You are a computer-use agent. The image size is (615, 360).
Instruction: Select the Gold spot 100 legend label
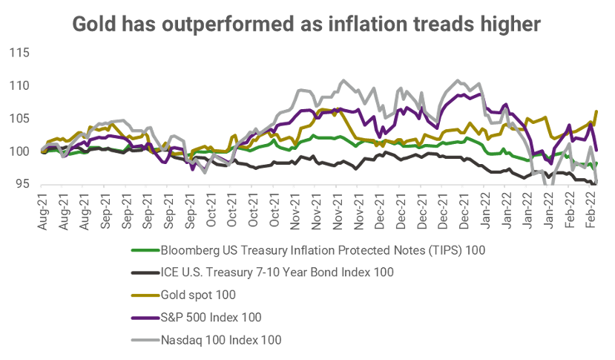(x=198, y=295)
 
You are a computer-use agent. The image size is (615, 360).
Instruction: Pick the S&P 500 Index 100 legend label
(x=211, y=317)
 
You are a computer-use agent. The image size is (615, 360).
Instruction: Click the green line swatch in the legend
(x=143, y=250)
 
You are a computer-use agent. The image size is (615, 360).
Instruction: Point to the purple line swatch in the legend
(x=143, y=317)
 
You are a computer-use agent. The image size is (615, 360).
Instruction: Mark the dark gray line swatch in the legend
(x=143, y=272)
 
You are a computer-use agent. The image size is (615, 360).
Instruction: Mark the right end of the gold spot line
(x=597, y=111)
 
